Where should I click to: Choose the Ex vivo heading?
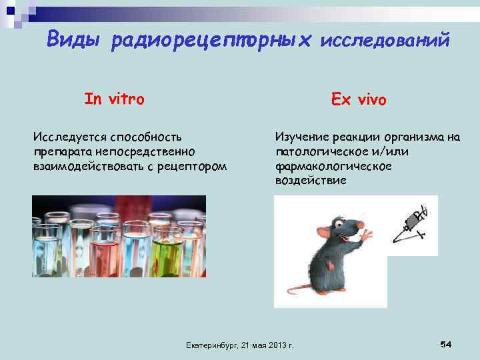[359, 99]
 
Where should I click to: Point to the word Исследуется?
[70, 137]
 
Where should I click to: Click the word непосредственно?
[151, 151]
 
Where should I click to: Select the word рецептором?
[191, 165]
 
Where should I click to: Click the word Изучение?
[301, 137]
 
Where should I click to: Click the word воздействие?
[311, 180]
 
